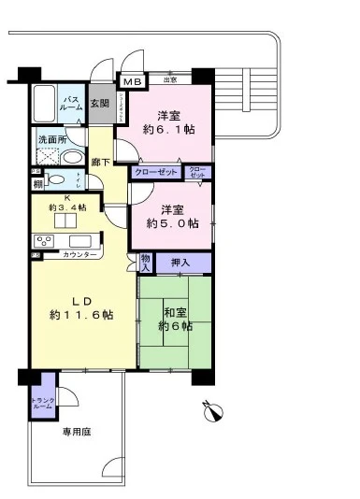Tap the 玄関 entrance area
(99, 104)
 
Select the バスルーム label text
(70, 103)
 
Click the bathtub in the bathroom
(45, 107)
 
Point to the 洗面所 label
(50, 140)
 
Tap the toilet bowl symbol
(57, 180)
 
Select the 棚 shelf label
(36, 184)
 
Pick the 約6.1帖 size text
(169, 132)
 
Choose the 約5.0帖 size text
(172, 223)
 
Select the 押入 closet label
(180, 264)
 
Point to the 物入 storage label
(145, 264)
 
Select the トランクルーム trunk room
(43, 403)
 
